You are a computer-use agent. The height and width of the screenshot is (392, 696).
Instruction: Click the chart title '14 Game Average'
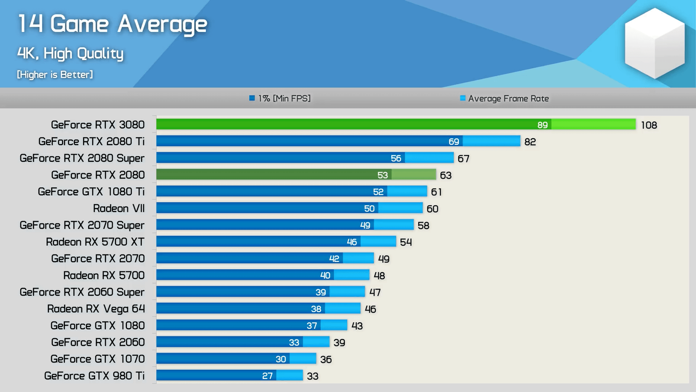pos(112,24)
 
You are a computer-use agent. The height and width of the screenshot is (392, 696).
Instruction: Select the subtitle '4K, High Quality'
pos(70,54)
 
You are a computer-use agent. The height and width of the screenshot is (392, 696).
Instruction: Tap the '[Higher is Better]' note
pos(55,75)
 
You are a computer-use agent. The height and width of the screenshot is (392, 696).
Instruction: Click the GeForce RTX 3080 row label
pos(98,125)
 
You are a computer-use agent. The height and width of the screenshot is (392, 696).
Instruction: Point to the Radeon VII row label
pos(119,208)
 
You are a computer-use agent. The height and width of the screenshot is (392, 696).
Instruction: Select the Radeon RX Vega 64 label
pos(96,309)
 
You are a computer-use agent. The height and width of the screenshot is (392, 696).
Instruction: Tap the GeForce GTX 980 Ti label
pos(94,376)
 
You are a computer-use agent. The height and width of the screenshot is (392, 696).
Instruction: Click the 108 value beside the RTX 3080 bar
pos(649,125)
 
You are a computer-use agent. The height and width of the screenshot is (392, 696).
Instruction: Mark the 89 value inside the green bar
pos(542,125)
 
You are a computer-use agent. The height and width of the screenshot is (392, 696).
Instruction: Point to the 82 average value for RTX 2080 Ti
pos(530,142)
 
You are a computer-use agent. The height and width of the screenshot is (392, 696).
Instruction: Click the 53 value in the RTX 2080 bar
pos(382,175)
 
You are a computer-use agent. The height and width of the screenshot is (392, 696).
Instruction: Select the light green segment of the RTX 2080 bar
pos(414,175)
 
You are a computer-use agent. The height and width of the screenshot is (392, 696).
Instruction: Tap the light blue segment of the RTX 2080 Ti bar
pos(491,141)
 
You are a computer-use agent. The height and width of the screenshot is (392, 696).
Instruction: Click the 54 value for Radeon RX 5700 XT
pos(406,242)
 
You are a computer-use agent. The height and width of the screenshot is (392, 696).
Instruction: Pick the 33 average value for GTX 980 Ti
pos(312,376)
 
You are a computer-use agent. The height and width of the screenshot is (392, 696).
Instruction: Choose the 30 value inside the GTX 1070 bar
pos(281,359)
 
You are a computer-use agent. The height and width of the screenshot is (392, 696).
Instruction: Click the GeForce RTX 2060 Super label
pos(82,292)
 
